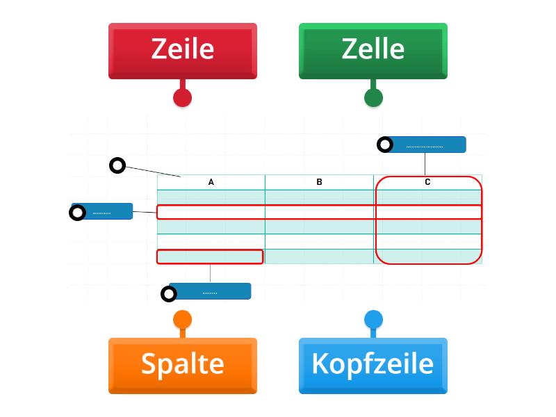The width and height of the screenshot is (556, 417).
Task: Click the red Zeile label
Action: coord(182,50)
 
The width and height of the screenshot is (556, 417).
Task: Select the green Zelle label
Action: coord(373,50)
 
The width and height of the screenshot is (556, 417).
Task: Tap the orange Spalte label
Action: coord(182,365)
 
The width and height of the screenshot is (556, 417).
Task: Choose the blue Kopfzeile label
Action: coord(373,365)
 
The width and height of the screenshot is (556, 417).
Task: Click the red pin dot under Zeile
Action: coord(182,97)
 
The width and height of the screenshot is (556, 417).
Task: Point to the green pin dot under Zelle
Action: coord(373,97)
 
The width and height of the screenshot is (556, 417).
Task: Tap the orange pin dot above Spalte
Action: coord(182,320)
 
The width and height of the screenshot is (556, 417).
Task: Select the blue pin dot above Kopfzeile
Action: coord(373,320)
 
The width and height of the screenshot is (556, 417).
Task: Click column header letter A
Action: coord(211,182)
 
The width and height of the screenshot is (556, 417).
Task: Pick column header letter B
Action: coord(319,182)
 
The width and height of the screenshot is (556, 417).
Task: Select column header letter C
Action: coord(427,182)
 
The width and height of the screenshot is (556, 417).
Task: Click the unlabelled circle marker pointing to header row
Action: coord(117,165)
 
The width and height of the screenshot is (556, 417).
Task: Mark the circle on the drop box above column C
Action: coord(384,145)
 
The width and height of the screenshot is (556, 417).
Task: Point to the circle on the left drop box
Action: coord(77,212)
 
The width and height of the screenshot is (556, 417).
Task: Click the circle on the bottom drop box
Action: coord(169,294)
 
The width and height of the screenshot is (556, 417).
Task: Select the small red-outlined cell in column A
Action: coord(210,256)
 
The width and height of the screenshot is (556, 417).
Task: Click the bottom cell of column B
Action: coord(319,256)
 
